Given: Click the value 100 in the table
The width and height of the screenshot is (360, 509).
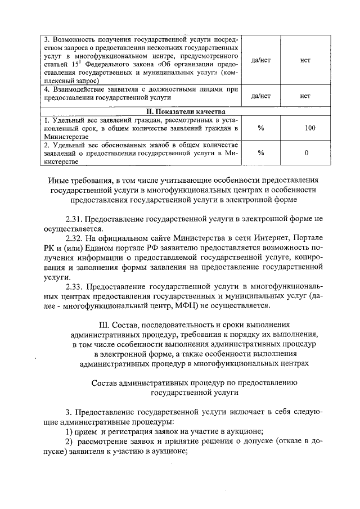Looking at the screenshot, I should click(x=310, y=128).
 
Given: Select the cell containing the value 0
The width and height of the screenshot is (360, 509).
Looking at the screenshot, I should click(x=306, y=152).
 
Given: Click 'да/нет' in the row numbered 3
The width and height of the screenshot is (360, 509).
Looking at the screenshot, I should click(x=260, y=60).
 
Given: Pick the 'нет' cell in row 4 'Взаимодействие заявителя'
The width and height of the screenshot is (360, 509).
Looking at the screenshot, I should click(x=305, y=96).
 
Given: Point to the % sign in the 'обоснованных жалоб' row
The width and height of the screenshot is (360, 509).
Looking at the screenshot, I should click(x=260, y=152).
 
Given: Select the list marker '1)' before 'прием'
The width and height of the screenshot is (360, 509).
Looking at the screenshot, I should click(x=69, y=431).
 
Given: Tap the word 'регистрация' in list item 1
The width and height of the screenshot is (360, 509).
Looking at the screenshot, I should click(x=127, y=431).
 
